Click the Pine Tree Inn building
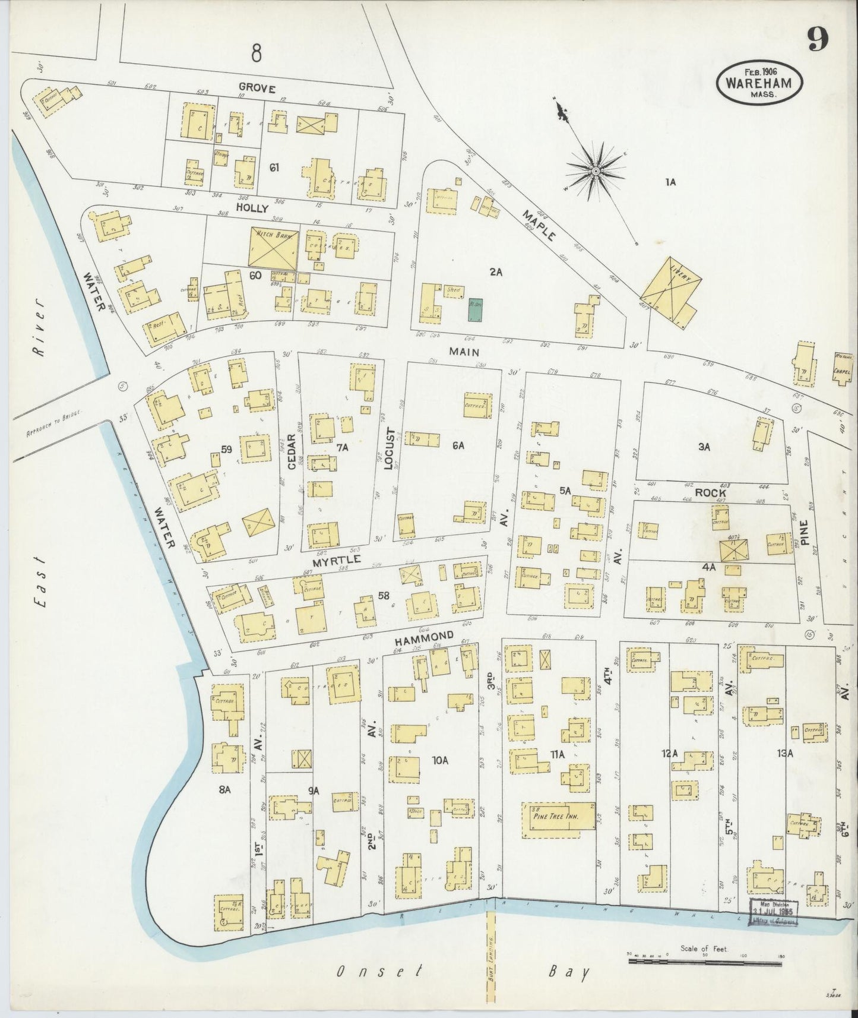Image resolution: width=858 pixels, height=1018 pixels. click(559, 820)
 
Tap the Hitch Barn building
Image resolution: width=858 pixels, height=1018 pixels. click(273, 247)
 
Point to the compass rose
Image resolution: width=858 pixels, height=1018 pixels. click(594, 171)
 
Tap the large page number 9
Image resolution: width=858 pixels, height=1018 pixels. click(818, 40)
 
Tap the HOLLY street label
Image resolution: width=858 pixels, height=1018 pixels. click(253, 208)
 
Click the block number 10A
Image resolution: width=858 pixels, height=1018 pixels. click(439, 760)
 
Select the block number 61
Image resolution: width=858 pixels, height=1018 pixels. click(274, 168)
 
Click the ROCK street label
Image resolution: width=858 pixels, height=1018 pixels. click(710, 492)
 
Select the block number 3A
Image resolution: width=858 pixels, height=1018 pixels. click(704, 447)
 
